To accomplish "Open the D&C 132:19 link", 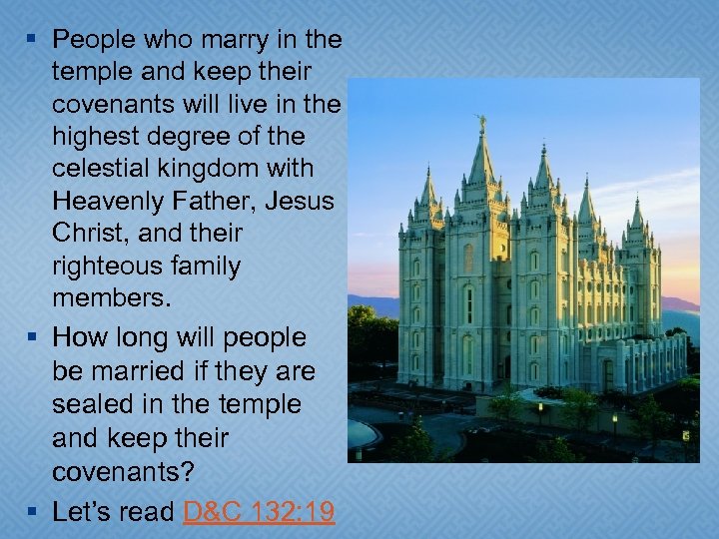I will click(x=260, y=512).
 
